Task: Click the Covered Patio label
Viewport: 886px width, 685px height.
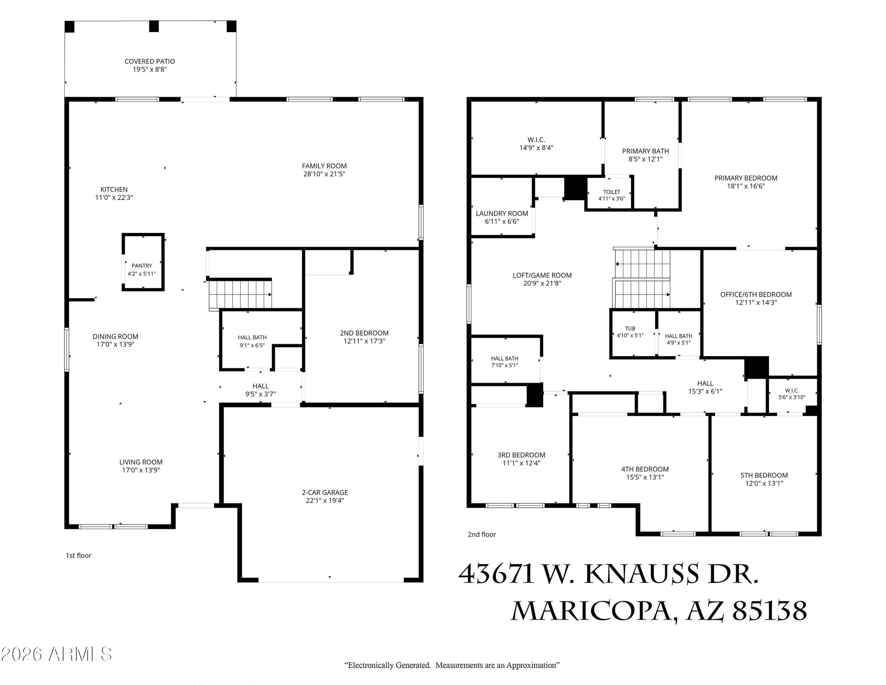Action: [150, 61]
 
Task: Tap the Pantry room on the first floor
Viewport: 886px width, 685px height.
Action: [143, 262]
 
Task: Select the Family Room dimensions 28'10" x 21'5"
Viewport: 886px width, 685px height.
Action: [324, 174]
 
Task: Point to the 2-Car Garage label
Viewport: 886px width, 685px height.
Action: [325, 492]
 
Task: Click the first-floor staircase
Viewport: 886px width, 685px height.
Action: [240, 295]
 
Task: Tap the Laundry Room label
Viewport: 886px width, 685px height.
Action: [502, 213]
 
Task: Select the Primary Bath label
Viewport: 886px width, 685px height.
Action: [645, 151]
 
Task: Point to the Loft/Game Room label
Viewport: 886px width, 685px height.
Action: [542, 275]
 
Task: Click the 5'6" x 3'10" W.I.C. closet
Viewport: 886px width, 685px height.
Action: [792, 395]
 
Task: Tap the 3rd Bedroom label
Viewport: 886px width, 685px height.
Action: [521, 455]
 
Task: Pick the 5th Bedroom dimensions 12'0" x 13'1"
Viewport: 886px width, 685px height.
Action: [764, 483]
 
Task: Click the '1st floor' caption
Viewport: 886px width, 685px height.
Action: [78, 556]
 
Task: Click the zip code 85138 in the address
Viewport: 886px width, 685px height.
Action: [770, 610]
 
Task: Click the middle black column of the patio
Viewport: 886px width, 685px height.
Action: [154, 26]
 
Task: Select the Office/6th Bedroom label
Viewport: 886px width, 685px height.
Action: [756, 295]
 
